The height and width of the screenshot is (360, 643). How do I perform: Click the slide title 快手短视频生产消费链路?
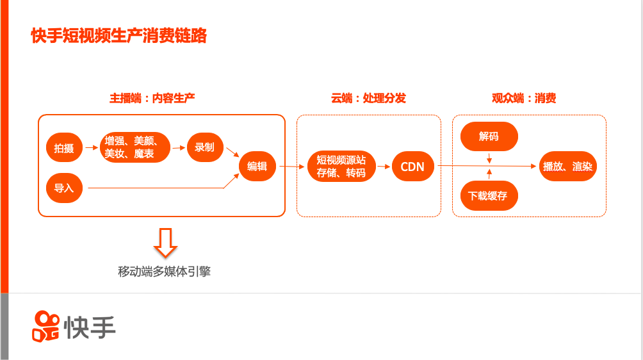tap(118, 36)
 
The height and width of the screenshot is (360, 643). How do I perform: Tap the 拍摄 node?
tap(64, 149)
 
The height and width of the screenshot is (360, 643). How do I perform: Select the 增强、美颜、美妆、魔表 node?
tap(136, 147)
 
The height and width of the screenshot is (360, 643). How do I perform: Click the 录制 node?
tap(205, 147)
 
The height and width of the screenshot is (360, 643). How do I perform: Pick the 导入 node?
tap(64, 188)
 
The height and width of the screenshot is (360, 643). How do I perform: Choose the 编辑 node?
tap(257, 166)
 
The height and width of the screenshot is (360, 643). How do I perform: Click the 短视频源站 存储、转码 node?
tap(341, 167)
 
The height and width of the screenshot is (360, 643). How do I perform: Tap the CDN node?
tap(412, 167)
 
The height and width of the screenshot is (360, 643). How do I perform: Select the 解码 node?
tap(489, 136)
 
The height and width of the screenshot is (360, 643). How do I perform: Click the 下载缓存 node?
tap(489, 195)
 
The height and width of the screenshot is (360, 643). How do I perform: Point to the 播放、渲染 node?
tap(567, 167)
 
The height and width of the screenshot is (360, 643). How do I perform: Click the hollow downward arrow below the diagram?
tap(165, 241)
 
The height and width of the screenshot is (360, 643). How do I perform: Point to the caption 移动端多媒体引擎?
tap(165, 272)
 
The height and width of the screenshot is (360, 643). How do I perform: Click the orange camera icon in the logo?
tap(45, 326)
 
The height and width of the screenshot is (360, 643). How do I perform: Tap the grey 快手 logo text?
tap(90, 327)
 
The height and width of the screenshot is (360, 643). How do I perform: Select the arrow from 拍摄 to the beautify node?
tap(91, 149)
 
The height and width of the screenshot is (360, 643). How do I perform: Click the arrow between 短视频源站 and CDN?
tap(384, 167)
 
